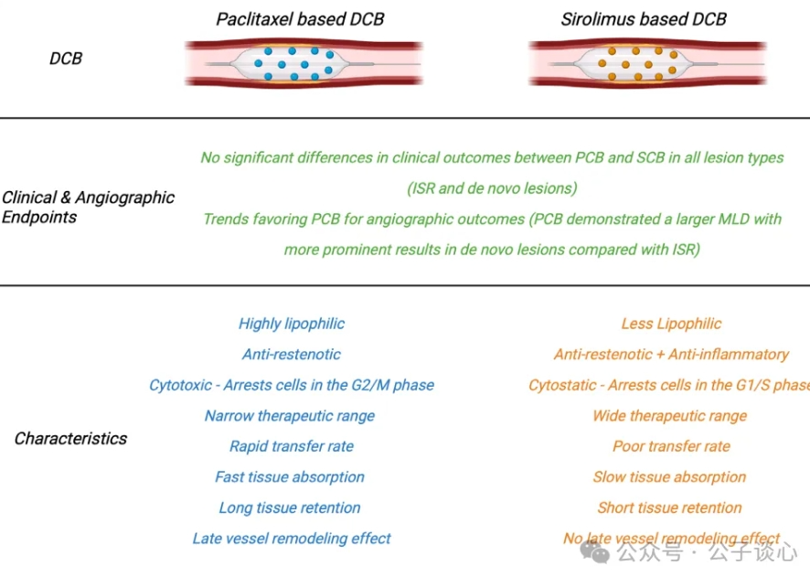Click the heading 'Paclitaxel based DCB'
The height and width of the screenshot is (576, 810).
[300, 18]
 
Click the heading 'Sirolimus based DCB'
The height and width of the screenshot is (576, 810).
[644, 18]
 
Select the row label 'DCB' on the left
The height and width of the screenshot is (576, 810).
[65, 59]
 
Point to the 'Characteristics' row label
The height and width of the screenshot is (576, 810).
[70, 439]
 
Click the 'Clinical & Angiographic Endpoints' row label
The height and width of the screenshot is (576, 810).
[88, 208]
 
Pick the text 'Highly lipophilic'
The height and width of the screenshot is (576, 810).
[292, 324]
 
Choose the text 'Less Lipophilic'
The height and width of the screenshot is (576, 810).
[671, 324]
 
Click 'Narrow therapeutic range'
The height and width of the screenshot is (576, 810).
[290, 416]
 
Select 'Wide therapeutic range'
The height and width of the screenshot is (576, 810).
[669, 416]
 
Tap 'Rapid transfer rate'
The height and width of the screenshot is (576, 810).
[292, 446]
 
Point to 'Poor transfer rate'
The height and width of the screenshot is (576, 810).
[671, 446]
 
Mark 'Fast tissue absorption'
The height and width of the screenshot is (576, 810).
[290, 477]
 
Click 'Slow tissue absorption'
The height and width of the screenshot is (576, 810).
[669, 477]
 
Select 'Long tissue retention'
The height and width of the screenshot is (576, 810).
[290, 508]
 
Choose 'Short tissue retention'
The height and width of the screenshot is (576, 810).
[669, 508]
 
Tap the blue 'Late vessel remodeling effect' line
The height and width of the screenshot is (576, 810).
[292, 539]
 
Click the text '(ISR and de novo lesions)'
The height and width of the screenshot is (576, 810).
[492, 189]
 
